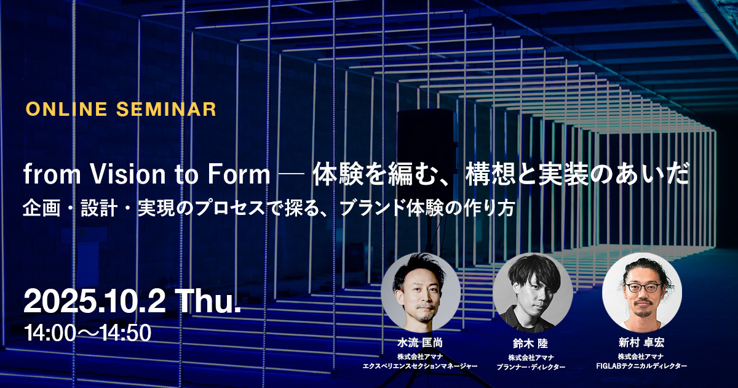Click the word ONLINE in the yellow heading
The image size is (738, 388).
click(x=66, y=109)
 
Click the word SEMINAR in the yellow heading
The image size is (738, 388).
click(x=167, y=109)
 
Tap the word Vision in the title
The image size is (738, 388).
click(x=128, y=174)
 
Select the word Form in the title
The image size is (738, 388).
click(x=239, y=174)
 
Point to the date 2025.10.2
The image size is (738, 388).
click(x=95, y=302)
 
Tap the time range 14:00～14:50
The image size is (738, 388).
click(x=87, y=333)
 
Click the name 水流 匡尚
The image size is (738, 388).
click(x=420, y=343)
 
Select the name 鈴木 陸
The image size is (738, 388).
click(x=530, y=344)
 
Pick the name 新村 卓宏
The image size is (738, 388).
click(x=641, y=342)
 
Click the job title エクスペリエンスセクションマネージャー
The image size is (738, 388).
click(x=420, y=366)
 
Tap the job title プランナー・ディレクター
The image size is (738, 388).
click(x=531, y=367)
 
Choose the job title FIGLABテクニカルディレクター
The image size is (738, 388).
click(x=641, y=366)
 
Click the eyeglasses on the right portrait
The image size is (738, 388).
click(x=643, y=287)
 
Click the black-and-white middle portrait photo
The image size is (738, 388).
click(x=533, y=293)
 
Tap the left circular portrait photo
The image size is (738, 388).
click(x=421, y=293)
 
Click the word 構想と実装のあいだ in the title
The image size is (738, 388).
click(x=577, y=174)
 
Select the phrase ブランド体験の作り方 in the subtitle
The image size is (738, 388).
click(x=427, y=209)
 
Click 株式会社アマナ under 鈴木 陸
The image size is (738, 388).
click(x=531, y=358)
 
